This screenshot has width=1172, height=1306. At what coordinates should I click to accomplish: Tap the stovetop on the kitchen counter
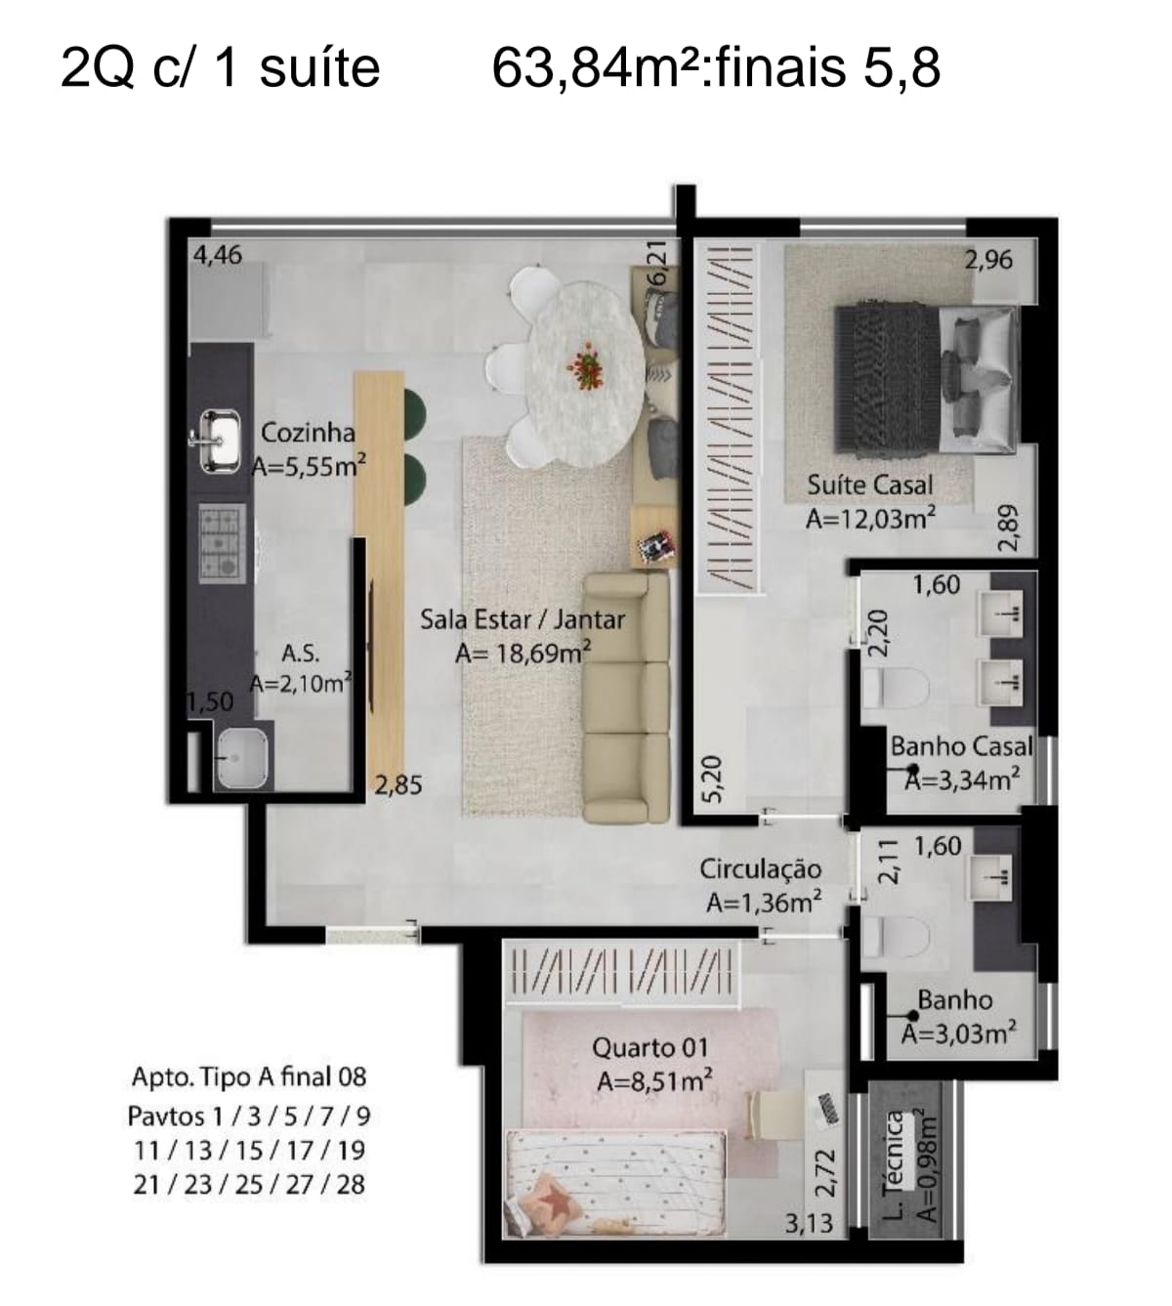click(x=223, y=542)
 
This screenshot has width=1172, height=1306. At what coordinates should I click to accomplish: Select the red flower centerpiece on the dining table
click(x=586, y=367)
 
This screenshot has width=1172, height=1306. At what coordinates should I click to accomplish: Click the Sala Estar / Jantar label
click(x=523, y=620)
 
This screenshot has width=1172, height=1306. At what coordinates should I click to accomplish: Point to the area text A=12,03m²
click(x=870, y=519)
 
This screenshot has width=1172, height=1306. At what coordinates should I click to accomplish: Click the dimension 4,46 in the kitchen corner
click(x=218, y=255)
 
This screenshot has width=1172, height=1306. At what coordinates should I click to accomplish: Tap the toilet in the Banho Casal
click(x=895, y=686)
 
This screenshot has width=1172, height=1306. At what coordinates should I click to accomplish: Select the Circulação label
click(x=761, y=869)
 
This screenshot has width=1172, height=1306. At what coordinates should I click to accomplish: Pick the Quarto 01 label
click(x=649, y=1047)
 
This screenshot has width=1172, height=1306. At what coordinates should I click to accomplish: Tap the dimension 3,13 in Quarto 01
click(x=809, y=1223)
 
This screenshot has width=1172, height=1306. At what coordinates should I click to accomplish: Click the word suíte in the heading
click(x=319, y=68)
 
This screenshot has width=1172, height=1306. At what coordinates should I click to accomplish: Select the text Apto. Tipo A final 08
click(x=249, y=1076)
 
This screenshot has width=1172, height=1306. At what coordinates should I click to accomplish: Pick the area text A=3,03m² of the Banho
click(x=959, y=1034)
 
